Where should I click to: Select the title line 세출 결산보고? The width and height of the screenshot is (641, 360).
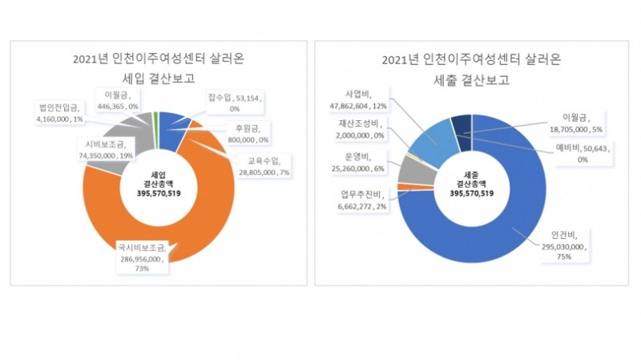472,79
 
